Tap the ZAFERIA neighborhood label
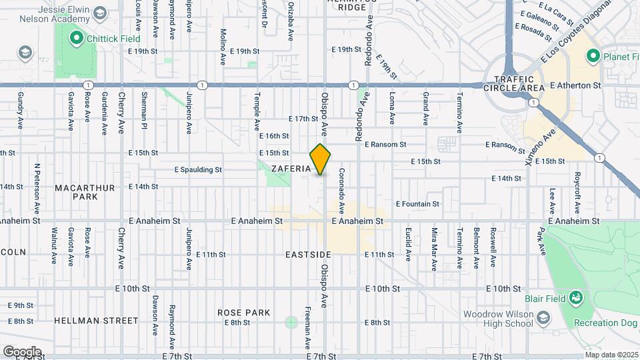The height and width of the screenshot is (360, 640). [x=291, y=169]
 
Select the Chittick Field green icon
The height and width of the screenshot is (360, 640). [x=75, y=39]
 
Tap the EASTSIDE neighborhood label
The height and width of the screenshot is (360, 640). [x=308, y=255]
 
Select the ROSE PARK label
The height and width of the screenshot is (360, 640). [x=244, y=312]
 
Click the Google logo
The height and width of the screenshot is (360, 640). [x=22, y=351]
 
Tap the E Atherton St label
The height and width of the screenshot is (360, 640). [x=576, y=85]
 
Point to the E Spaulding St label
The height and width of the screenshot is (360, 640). [x=198, y=169]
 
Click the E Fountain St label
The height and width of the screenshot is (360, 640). [x=417, y=204]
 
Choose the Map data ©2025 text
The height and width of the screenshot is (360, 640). [x=612, y=355]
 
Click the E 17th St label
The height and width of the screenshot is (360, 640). [x=303, y=119]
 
